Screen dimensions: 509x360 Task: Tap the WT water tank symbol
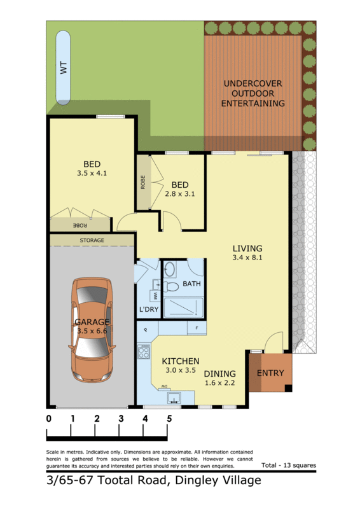[x=63, y=69]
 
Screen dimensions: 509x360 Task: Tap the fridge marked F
[x=197, y=328]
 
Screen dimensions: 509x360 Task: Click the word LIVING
[x=247, y=248]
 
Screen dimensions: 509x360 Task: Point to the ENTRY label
[x=270, y=373]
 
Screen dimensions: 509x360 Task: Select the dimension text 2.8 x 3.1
[x=179, y=195]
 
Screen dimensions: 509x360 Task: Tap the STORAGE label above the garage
[x=92, y=241]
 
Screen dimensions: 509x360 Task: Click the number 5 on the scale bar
[x=169, y=419]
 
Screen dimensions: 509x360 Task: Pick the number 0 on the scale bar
[x=48, y=419]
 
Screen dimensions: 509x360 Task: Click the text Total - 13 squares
[x=288, y=465]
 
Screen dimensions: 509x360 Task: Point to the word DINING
[x=219, y=373]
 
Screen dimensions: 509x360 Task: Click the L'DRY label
[x=148, y=310]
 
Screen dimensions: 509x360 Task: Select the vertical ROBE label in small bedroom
[x=143, y=183]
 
